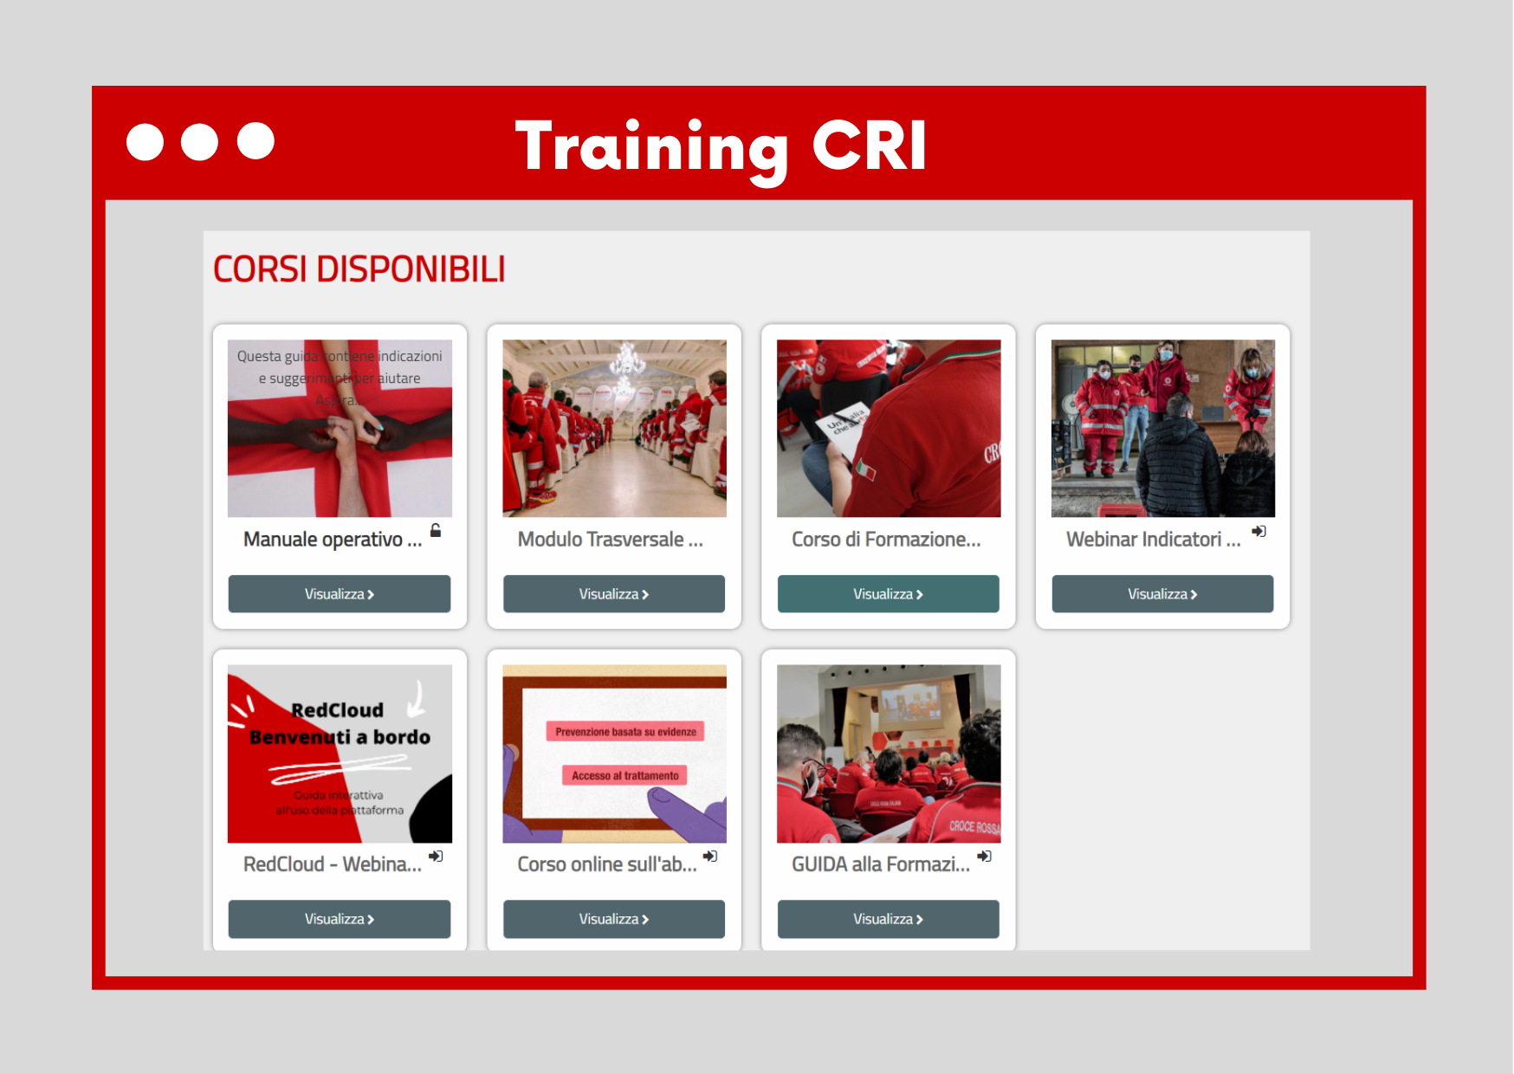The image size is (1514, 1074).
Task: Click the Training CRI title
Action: point(721,146)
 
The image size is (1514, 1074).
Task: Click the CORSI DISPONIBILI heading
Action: point(359,269)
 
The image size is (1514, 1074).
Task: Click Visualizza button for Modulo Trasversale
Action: point(613,594)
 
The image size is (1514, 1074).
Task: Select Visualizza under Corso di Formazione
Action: point(888,594)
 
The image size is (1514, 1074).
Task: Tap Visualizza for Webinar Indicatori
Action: point(1162,594)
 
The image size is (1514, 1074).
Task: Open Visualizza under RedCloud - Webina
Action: point(339,919)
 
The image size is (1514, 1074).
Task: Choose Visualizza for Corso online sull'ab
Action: point(613,919)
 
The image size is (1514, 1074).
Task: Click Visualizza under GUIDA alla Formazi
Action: point(888,919)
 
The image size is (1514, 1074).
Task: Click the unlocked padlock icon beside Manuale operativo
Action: point(436,530)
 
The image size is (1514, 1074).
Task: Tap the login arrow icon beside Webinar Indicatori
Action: point(1258,531)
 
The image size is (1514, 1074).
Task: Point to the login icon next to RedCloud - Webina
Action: point(436,856)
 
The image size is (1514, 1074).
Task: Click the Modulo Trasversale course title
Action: point(610,540)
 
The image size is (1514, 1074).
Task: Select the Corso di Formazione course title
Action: point(886,540)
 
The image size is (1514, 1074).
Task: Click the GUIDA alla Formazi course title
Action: point(881,864)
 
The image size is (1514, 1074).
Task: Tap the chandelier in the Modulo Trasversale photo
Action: point(626,360)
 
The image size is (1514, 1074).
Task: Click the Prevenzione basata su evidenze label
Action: point(625,732)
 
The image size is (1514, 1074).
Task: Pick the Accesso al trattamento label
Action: point(624,776)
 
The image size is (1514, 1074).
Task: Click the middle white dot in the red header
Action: point(199,142)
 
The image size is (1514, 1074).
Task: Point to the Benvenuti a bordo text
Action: point(340,737)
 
